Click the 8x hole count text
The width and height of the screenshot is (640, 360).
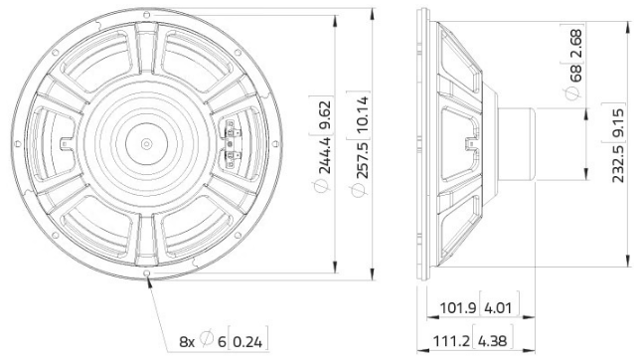pos(186,341)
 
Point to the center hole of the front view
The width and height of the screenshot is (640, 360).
pos(148,142)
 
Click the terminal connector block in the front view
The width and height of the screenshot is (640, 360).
pos(234,143)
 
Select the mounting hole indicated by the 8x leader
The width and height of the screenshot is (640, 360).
pos(148,273)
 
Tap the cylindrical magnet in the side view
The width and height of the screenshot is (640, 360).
pos(521,141)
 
